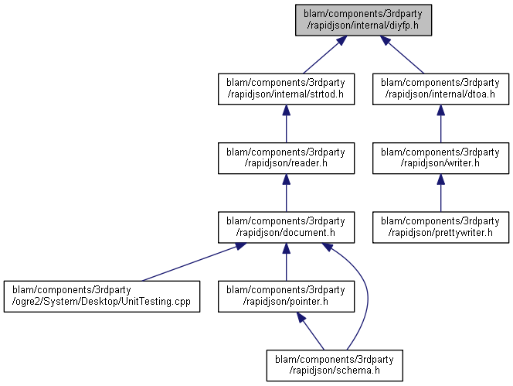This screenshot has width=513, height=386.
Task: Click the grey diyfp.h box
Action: click(363, 20)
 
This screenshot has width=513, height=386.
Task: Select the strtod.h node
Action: click(287, 89)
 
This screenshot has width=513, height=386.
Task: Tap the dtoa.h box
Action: click(440, 89)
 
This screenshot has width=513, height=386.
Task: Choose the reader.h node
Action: click(287, 159)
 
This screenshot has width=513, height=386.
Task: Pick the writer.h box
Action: click(440, 159)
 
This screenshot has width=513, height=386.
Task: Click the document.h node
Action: click(287, 227)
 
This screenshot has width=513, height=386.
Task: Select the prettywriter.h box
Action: click(440, 227)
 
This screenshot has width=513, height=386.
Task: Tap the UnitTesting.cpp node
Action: click(102, 296)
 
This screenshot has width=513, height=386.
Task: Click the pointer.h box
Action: click(287, 296)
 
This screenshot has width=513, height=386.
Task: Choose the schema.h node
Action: click(335, 366)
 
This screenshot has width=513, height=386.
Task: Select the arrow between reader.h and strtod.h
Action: click(287, 124)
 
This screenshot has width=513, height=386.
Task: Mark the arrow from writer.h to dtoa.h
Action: click(440, 124)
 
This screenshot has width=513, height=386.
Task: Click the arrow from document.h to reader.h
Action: click(287, 193)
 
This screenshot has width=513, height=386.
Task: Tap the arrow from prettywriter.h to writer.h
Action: click(440, 193)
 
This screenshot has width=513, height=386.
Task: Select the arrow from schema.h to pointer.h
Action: click(311, 331)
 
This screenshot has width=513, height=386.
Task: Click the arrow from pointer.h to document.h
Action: click(287, 262)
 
